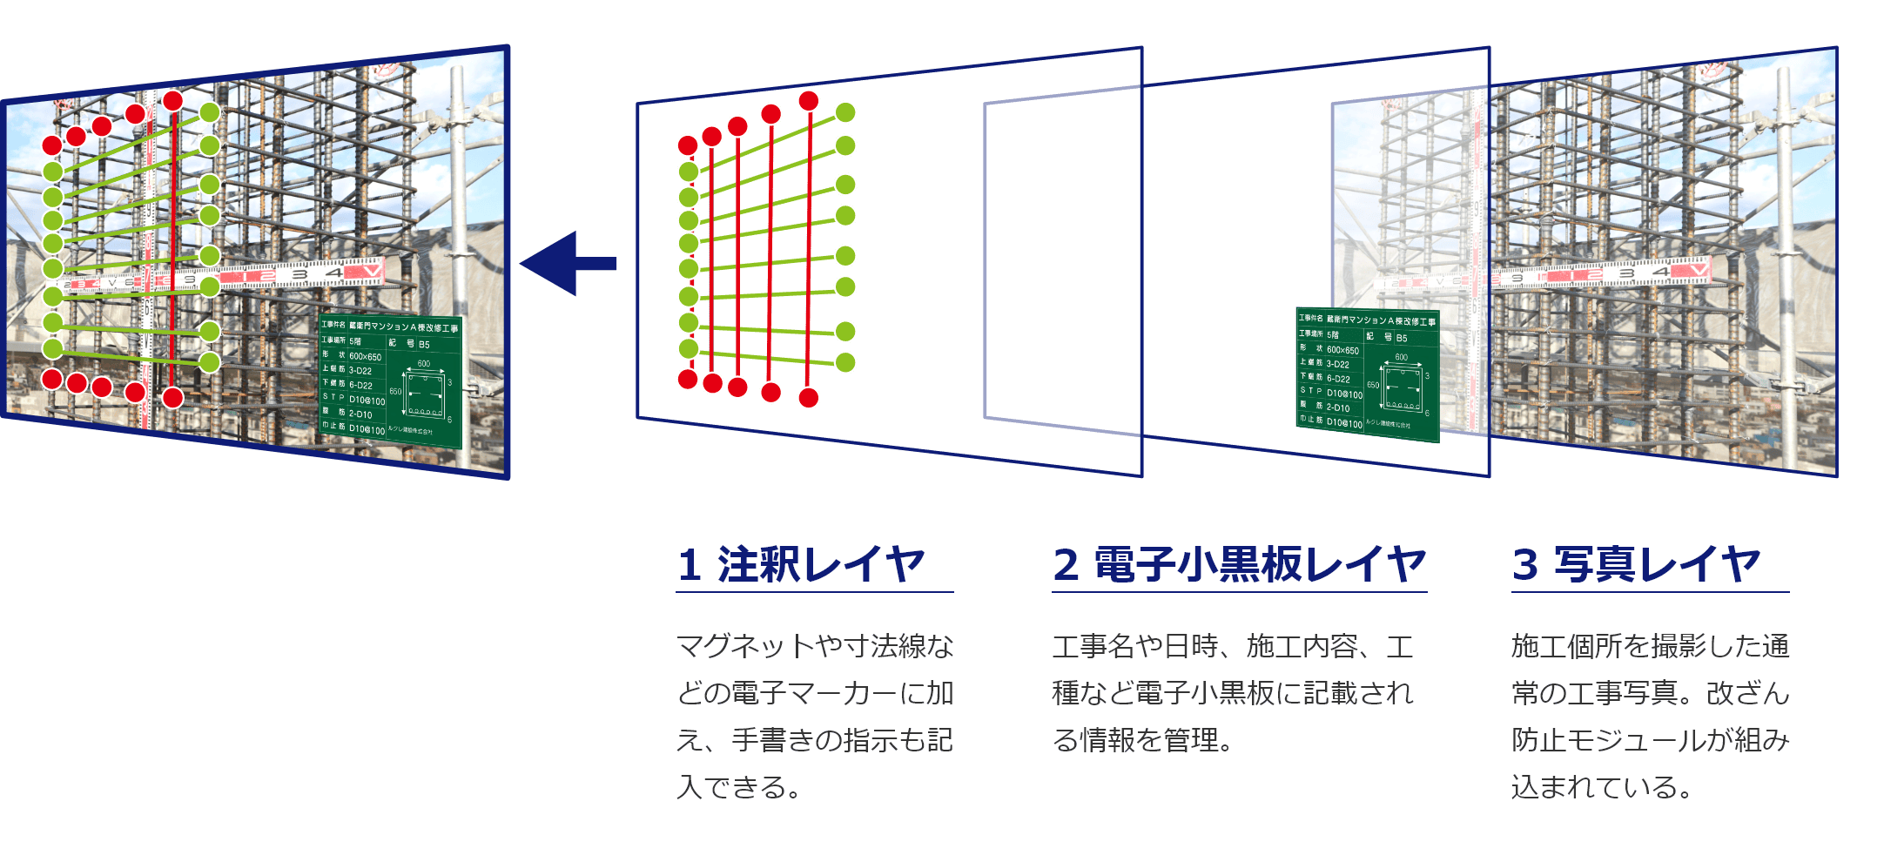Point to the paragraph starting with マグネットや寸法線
(815, 717)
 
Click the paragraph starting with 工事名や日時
(1233, 693)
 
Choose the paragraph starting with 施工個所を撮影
(1650, 717)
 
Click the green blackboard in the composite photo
(389, 380)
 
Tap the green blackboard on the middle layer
(1367, 374)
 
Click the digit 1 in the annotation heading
(690, 565)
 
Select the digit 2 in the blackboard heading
(1066, 565)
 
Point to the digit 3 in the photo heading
(1525, 565)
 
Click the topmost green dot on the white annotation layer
(845, 112)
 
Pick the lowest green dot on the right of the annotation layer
(845, 362)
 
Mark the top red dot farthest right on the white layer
(809, 101)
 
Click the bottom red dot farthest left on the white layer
(688, 379)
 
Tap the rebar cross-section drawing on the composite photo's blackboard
(425, 393)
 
